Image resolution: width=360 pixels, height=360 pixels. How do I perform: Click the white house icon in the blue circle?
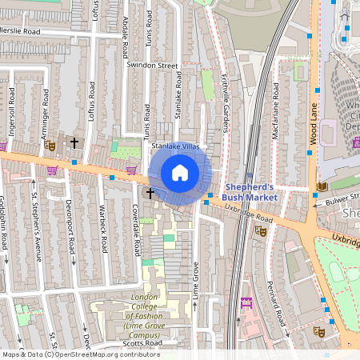180,173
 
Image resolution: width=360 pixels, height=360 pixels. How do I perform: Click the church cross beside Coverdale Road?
150,194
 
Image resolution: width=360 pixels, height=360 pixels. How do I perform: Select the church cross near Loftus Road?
74,142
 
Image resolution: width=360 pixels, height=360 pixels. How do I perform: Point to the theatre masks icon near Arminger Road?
50,145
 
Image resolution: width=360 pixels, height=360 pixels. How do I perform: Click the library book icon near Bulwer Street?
322,187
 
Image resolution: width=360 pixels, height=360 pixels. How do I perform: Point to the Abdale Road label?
126,41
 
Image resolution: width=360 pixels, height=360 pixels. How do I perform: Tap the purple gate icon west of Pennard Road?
246,302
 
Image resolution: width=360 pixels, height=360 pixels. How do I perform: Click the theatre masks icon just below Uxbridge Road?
259,230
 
